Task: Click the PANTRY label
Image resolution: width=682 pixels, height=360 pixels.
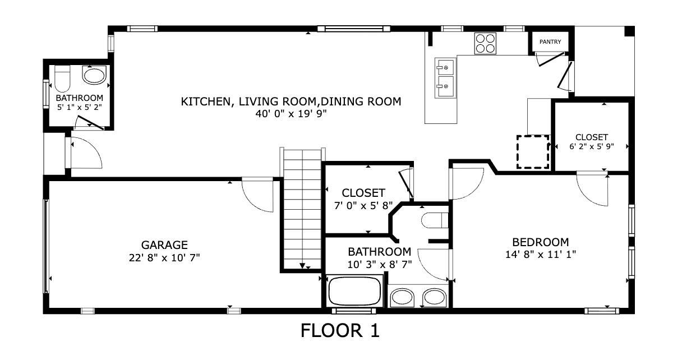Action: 550,42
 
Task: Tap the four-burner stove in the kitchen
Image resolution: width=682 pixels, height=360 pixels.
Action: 485,43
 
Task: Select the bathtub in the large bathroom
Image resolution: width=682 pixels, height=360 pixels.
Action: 354,290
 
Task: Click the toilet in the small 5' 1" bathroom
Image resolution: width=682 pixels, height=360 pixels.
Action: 62,79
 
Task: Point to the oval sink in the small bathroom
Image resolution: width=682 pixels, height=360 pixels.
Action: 94,75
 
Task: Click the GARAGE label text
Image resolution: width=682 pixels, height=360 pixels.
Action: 164,245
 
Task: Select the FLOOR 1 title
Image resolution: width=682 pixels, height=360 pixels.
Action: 340,331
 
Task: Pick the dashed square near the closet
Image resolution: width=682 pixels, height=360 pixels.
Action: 532,151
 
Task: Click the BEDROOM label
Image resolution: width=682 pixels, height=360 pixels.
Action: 541,242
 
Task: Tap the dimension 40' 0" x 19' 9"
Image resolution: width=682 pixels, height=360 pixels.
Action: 291,113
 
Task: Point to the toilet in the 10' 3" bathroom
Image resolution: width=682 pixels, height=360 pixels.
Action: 435,220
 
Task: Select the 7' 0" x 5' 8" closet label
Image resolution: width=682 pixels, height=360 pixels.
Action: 363,205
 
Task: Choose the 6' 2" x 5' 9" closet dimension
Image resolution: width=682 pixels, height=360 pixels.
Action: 592,147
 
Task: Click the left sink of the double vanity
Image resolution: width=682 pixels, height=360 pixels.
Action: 401,297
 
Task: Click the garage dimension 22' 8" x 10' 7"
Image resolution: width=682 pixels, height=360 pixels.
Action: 164,257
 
